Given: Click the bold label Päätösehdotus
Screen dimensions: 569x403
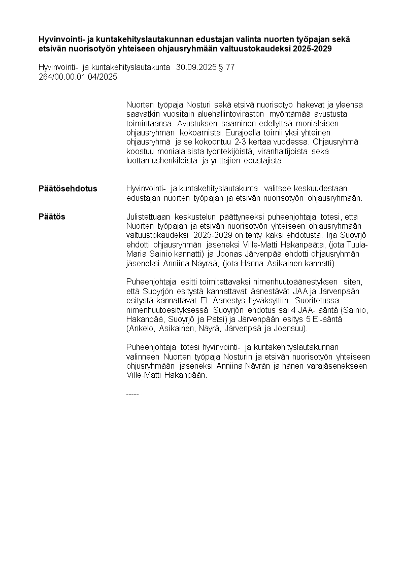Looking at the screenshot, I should pyautogui.click(x=68, y=189).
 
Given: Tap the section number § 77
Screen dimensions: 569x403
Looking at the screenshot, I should pyautogui.click(x=226, y=67).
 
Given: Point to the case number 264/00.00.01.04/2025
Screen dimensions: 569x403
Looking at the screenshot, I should pyautogui.click(x=78, y=77).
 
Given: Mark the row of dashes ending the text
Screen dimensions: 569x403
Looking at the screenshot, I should pyautogui.click(x=132, y=394).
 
